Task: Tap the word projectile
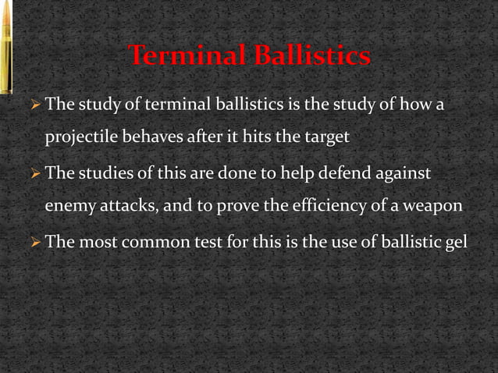click(78, 137)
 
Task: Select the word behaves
click(148, 136)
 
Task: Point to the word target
click(323, 136)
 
